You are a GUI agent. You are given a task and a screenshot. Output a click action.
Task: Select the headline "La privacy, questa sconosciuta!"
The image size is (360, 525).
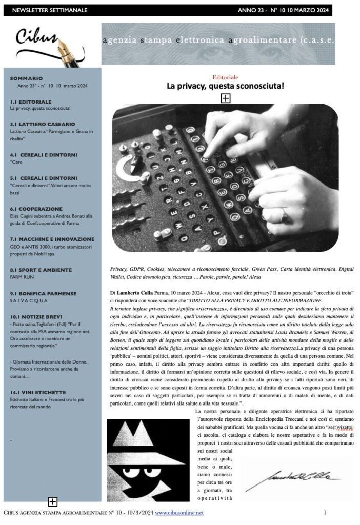point(225,86)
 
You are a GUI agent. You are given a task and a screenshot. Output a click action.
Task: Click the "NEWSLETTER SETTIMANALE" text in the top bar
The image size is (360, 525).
point(50,10)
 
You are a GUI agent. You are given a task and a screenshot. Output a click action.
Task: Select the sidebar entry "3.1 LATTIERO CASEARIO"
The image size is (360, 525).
point(43,125)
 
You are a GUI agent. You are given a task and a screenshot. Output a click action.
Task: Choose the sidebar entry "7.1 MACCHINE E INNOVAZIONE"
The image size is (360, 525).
point(52,239)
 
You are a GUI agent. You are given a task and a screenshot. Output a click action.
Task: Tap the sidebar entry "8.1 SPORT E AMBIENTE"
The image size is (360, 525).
point(41,270)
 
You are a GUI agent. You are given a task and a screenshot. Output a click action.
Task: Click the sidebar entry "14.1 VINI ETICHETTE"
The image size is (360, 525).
point(38,392)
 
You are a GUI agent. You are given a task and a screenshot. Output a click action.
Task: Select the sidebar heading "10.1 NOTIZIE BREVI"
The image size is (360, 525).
point(37,316)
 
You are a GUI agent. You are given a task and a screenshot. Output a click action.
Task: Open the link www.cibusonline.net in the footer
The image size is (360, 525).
point(179,512)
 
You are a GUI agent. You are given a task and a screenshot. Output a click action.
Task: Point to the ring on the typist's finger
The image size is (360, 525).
point(284,214)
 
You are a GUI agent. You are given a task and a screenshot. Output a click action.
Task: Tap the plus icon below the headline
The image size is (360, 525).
point(225,98)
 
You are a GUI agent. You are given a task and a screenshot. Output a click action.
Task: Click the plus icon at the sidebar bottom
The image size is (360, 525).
point(52,501)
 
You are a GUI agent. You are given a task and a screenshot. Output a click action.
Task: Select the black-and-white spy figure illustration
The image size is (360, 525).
point(148,460)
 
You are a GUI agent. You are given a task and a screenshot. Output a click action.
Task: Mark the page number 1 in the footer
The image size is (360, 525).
point(325,512)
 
